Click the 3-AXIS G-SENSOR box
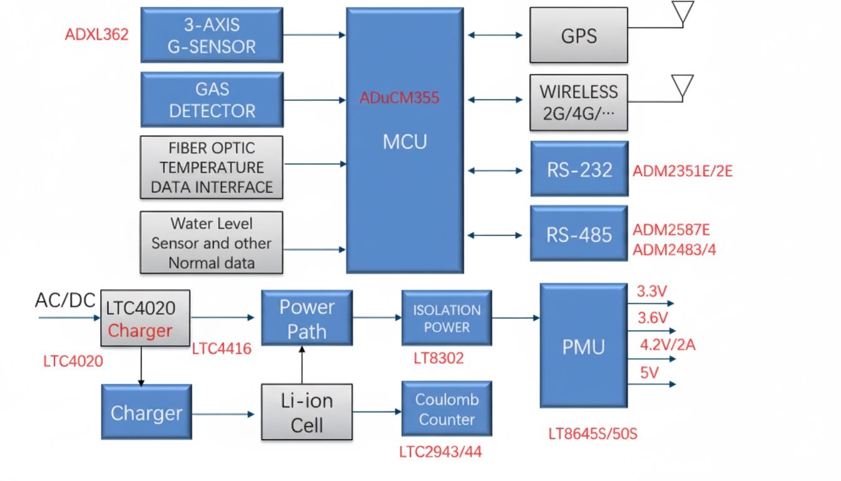pos(212,35)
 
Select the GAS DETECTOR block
pos(212,100)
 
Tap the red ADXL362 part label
pos(96,34)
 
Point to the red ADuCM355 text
pos(399,98)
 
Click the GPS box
pos(578,35)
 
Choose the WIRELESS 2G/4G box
pos(578,103)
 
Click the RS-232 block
pos(579,169)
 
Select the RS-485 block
pos(579,234)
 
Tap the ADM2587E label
pos(671,230)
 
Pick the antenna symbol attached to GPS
pos(683,13)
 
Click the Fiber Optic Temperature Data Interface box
pos(212,167)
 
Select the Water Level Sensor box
pos(212,243)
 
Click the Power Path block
pos(307,318)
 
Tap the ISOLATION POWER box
pos(446,318)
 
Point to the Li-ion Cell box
pos(307,413)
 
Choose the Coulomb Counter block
pos(446,409)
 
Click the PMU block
pos(583,346)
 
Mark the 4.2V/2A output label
pos(668,344)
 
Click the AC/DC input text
pos(65,301)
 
